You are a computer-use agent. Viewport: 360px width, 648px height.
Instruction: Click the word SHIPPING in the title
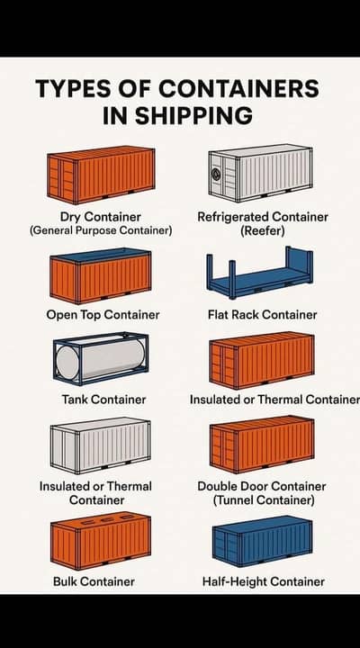pos(193,115)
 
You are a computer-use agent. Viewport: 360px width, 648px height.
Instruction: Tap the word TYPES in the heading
pos(73,88)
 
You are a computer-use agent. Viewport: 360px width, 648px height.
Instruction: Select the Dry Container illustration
pos(102,175)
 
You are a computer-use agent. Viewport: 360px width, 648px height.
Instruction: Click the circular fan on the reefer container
pos(217,174)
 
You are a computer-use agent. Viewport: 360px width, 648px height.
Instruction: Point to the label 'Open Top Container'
pos(103,315)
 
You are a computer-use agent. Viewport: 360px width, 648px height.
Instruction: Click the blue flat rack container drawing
pos(259,273)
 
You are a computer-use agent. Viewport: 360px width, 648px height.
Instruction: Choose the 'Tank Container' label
pos(103,400)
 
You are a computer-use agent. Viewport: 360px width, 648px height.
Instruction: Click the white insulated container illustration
pos(101,445)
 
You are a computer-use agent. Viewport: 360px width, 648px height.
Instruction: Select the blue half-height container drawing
pos(262,541)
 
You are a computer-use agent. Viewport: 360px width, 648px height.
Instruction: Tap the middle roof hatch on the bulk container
pos(107,519)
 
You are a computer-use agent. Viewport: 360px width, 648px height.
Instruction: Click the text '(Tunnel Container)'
pos(264,500)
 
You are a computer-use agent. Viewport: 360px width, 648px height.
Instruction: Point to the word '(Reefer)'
pos(263,230)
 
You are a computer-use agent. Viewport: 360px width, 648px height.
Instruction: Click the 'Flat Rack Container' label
pos(263,315)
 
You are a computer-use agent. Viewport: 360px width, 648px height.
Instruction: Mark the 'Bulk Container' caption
pos(94,582)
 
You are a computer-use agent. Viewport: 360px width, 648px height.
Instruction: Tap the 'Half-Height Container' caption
pos(264,582)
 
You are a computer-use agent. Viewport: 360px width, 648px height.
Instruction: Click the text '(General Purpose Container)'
pos(101,230)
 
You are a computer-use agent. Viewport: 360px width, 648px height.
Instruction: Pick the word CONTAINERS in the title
pos(238,88)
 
